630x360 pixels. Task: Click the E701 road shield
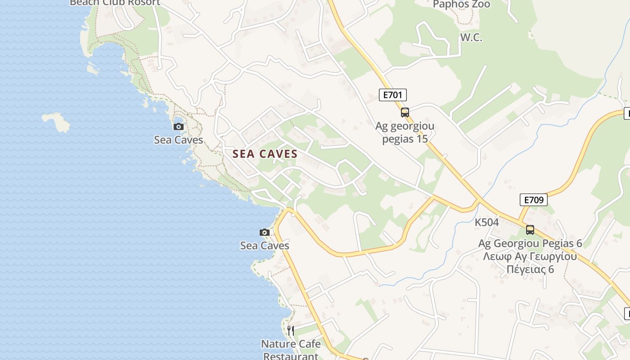point(393,94)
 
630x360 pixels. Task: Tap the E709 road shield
point(533,200)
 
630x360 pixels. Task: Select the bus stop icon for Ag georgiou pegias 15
point(405,112)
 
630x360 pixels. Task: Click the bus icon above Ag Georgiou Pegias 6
point(530,230)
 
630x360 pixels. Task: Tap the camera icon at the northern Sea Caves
point(179,126)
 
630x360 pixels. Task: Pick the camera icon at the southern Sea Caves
point(265,232)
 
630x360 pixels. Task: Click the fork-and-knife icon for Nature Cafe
point(291,331)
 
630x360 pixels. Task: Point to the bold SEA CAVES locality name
point(265,154)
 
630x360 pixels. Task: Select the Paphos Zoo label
point(462,4)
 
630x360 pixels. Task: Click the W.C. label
point(471,38)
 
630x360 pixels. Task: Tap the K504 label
point(487,222)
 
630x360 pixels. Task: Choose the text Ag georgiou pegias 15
point(405,132)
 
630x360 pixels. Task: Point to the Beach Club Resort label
point(115,3)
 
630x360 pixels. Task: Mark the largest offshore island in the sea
point(56,122)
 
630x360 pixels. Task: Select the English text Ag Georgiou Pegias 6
point(530,243)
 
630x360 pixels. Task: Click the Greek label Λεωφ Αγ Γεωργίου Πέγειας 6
point(530,263)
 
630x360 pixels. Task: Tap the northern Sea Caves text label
point(179,140)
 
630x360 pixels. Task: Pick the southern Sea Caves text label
point(265,246)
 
